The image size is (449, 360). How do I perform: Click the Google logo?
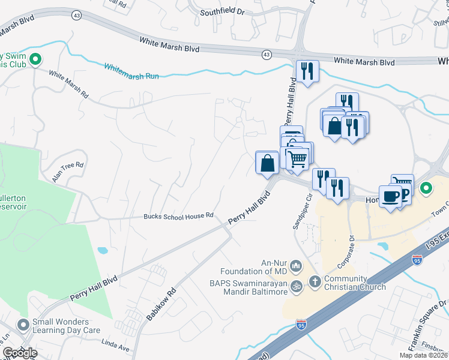[x=20, y=353]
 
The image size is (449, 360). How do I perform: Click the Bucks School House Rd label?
[x=178, y=216]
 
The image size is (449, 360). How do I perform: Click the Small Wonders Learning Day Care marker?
[x=23, y=325]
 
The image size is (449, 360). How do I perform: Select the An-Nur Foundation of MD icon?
[x=295, y=265]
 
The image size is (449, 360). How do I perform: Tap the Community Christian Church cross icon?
[x=315, y=281]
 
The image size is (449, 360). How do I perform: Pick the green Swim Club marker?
[x=35, y=59]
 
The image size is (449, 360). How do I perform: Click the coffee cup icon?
[x=390, y=196]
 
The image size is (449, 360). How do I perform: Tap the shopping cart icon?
[x=297, y=158]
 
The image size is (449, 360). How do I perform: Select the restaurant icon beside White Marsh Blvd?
[x=307, y=71]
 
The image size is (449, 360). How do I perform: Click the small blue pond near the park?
[x=101, y=250]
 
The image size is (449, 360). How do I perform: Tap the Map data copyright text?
[x=423, y=355]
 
